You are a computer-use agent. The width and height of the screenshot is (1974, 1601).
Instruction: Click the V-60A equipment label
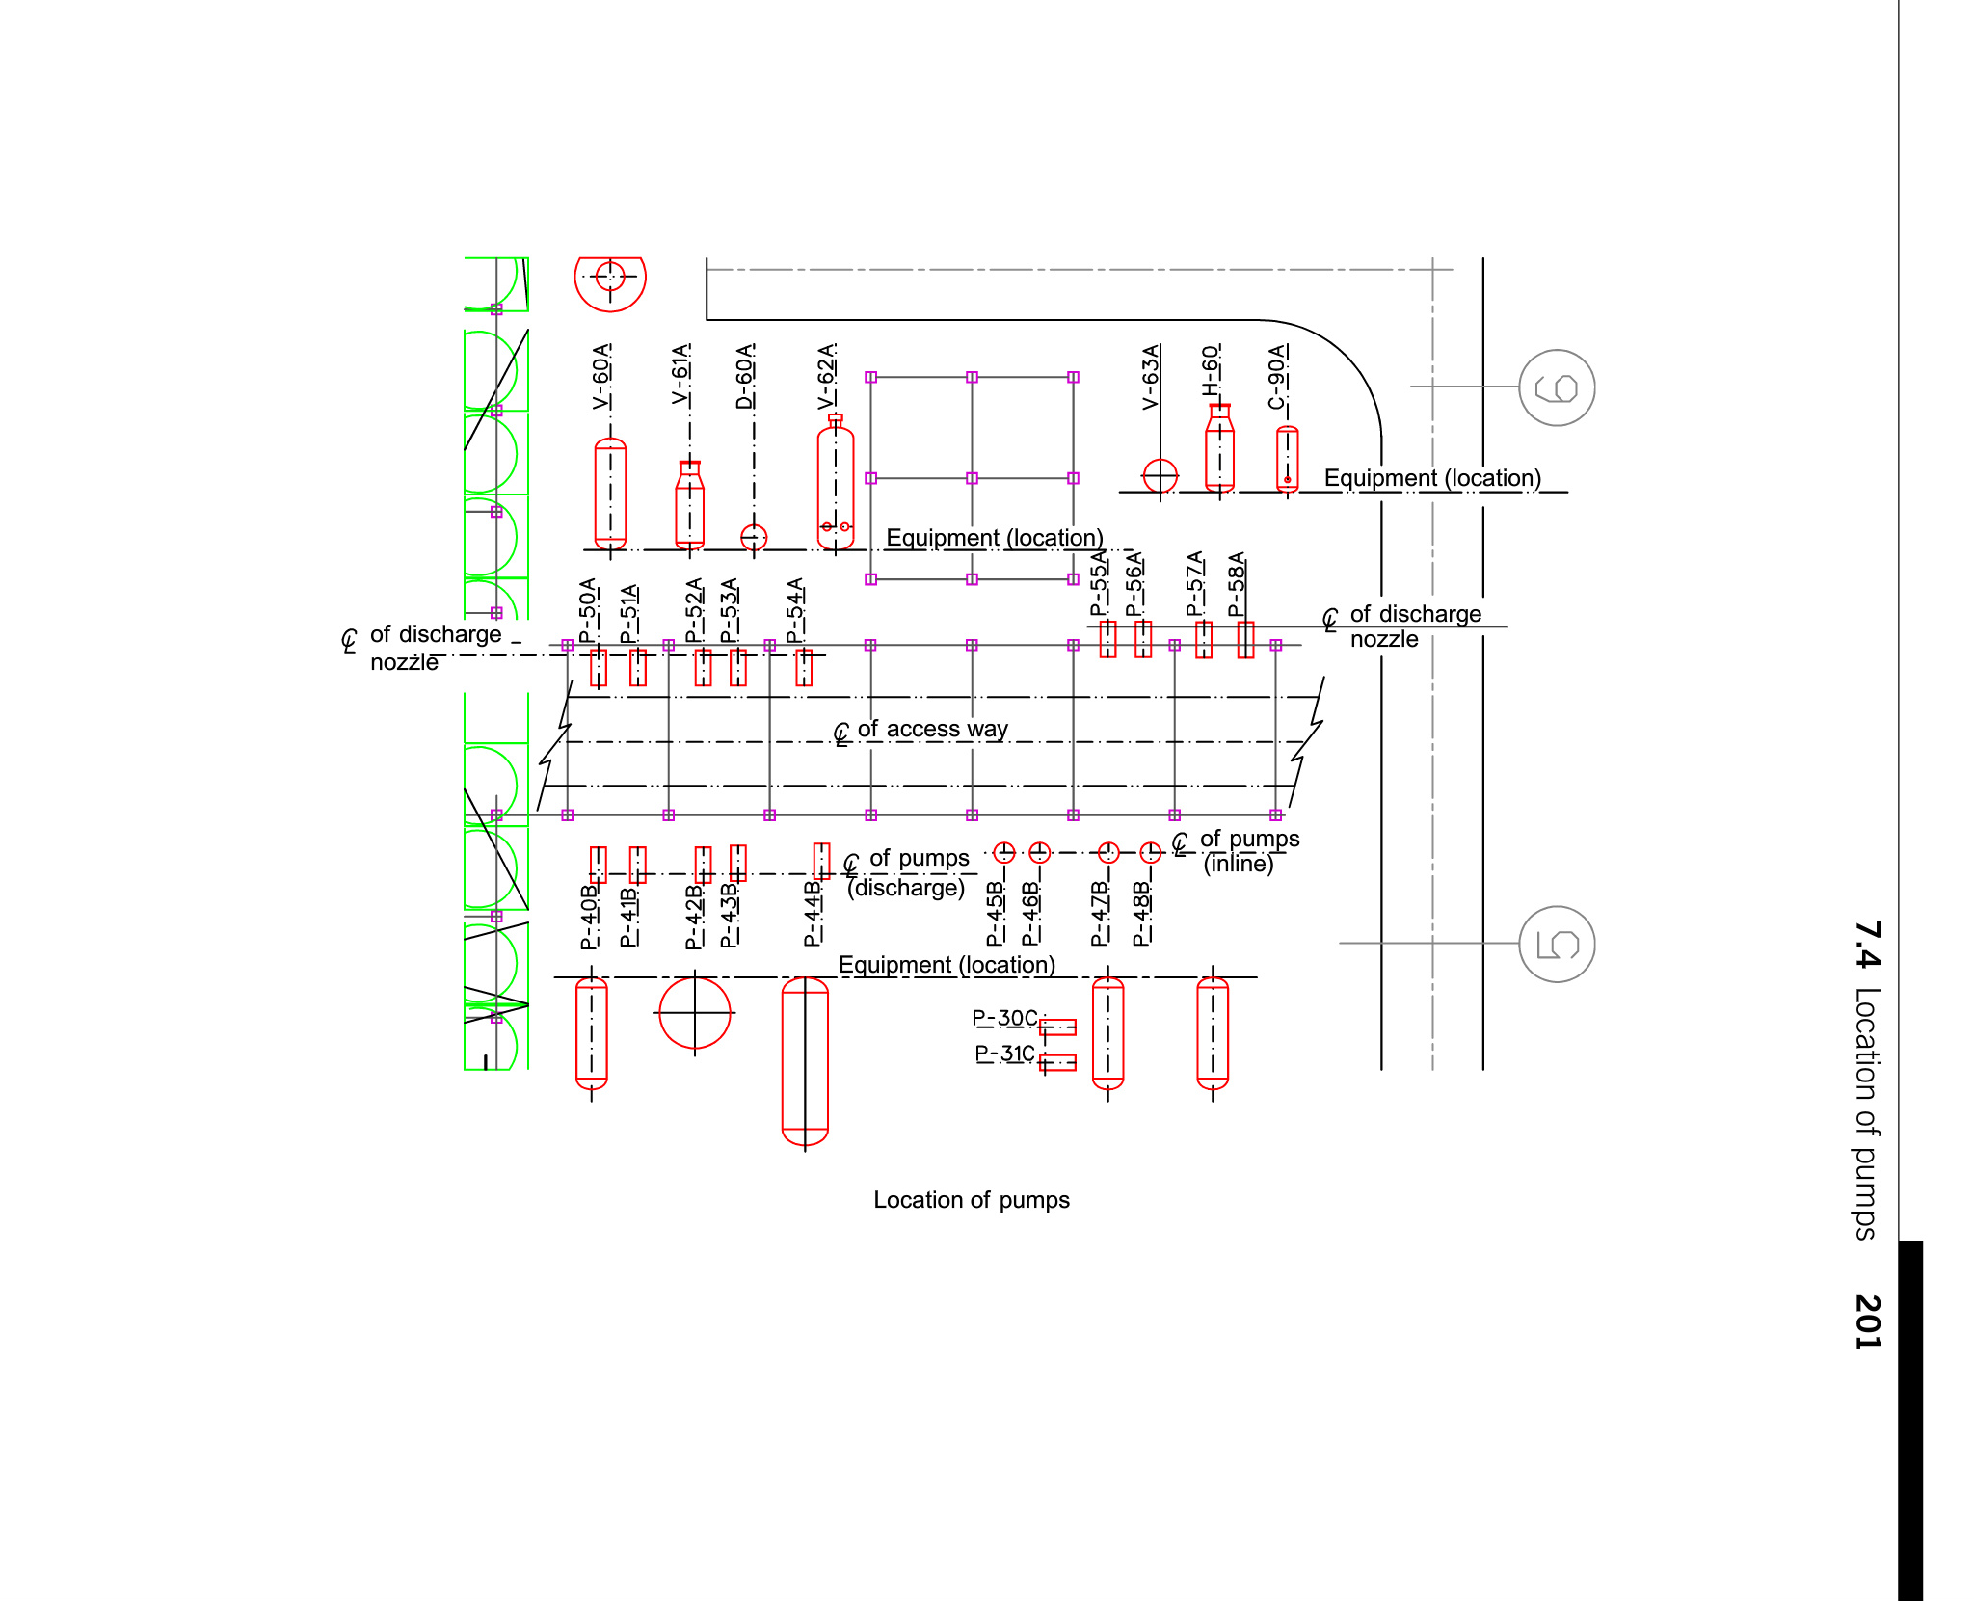[x=601, y=376]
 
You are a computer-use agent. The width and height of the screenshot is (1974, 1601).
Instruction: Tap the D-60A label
[x=745, y=376]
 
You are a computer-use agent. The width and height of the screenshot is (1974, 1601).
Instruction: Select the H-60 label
[x=1211, y=371]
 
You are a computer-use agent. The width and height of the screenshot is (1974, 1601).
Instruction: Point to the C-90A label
[x=1277, y=377]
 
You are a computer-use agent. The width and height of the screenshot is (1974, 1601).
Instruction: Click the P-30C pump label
[x=1004, y=1018]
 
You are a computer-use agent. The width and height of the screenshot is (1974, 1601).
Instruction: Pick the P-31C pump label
[x=1005, y=1054]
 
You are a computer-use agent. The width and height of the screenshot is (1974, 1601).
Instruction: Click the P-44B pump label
[x=813, y=913]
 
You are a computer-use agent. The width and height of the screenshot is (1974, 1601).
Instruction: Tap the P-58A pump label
[x=1237, y=584]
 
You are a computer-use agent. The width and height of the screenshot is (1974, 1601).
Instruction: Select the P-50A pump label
[x=588, y=611]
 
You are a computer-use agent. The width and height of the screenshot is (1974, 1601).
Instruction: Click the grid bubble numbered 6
[x=1557, y=387]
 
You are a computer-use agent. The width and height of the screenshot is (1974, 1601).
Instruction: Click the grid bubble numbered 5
[x=1557, y=944]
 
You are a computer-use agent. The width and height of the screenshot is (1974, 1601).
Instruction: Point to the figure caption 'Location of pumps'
[x=972, y=1200]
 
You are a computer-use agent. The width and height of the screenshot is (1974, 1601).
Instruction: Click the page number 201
[x=1867, y=1321]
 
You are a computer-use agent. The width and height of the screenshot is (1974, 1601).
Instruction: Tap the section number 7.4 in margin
[x=1867, y=945]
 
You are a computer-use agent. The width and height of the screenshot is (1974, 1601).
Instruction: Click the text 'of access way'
[x=933, y=729]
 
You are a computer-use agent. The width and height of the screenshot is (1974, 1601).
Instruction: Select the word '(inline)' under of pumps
[x=1239, y=864]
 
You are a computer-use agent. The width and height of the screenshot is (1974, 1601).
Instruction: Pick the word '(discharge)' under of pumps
[x=906, y=888]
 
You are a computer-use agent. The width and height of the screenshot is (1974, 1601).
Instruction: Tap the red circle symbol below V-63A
[x=1160, y=475]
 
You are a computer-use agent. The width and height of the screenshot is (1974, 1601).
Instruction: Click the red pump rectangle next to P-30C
[x=1057, y=1027]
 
